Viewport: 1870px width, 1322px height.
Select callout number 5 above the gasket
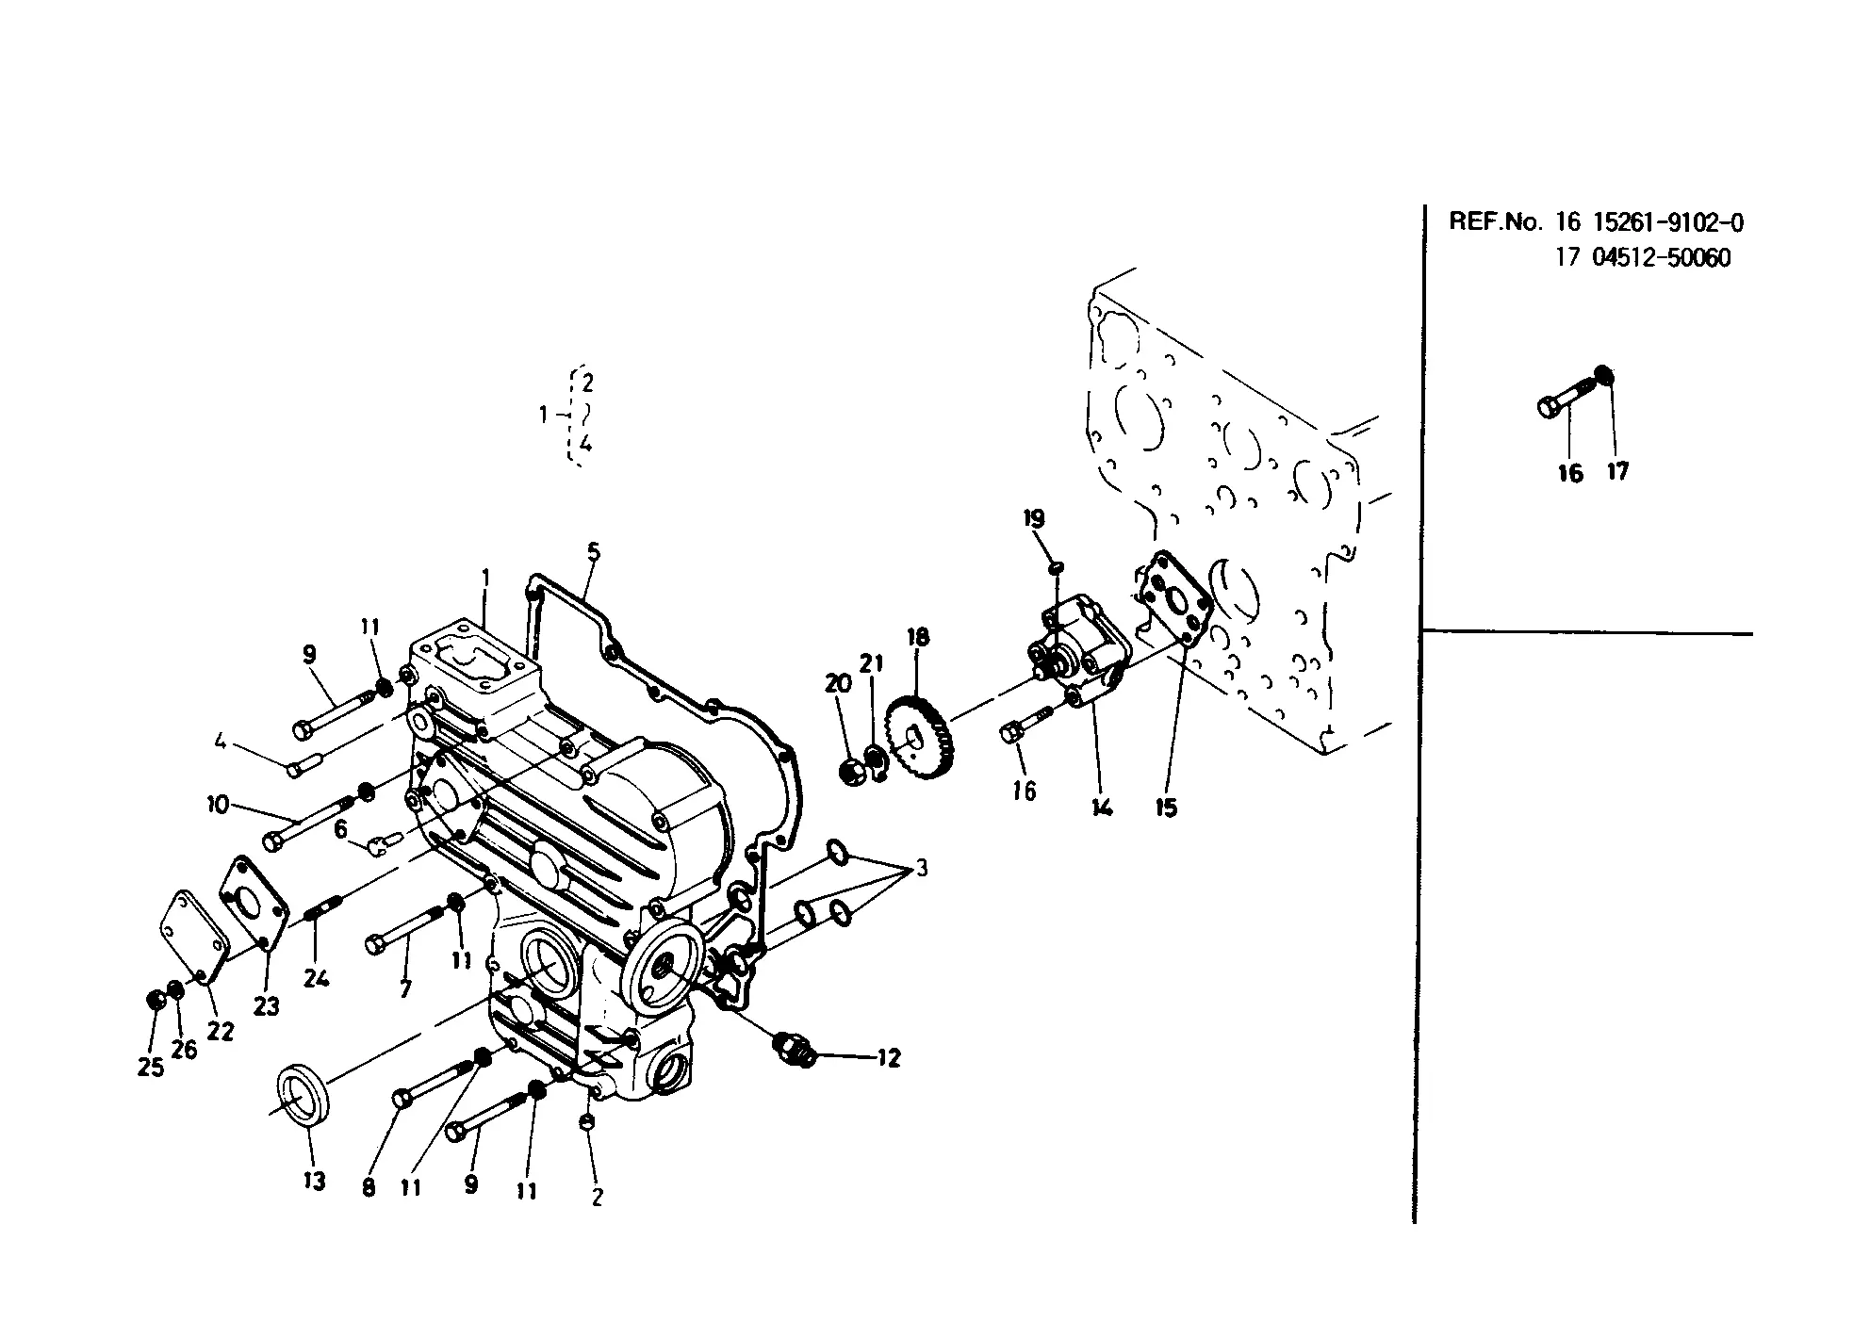coord(593,552)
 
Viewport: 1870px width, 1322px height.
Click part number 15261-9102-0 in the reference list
coord(1668,222)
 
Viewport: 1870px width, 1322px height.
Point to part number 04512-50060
coord(1661,258)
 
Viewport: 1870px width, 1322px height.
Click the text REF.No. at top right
coord(1496,222)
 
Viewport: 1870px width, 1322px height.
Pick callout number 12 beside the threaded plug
coord(888,1058)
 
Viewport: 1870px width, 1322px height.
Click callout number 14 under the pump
coord(1102,807)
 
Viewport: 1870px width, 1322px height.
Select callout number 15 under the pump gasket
coord(1166,808)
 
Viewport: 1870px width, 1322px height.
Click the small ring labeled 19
coord(1057,566)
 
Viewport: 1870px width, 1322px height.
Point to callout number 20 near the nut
coord(838,684)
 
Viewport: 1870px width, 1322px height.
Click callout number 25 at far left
coord(151,1067)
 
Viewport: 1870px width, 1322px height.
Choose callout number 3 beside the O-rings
coord(921,868)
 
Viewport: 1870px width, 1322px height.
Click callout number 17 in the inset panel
coord(1617,471)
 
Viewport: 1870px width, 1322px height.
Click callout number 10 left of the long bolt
coord(218,805)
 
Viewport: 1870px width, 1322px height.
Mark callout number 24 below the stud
coord(316,978)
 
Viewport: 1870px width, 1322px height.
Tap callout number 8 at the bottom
coord(369,1187)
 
